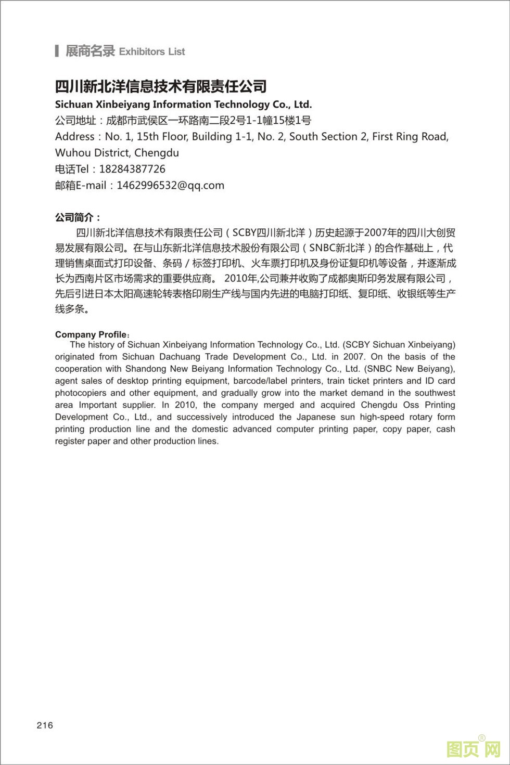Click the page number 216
(45, 725)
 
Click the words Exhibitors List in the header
(152, 51)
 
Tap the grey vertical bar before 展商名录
(57, 51)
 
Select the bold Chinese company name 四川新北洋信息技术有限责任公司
(161, 86)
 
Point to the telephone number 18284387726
(132, 169)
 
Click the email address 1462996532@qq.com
(170, 185)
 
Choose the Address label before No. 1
(75, 137)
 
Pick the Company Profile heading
(91, 334)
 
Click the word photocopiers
(80, 393)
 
